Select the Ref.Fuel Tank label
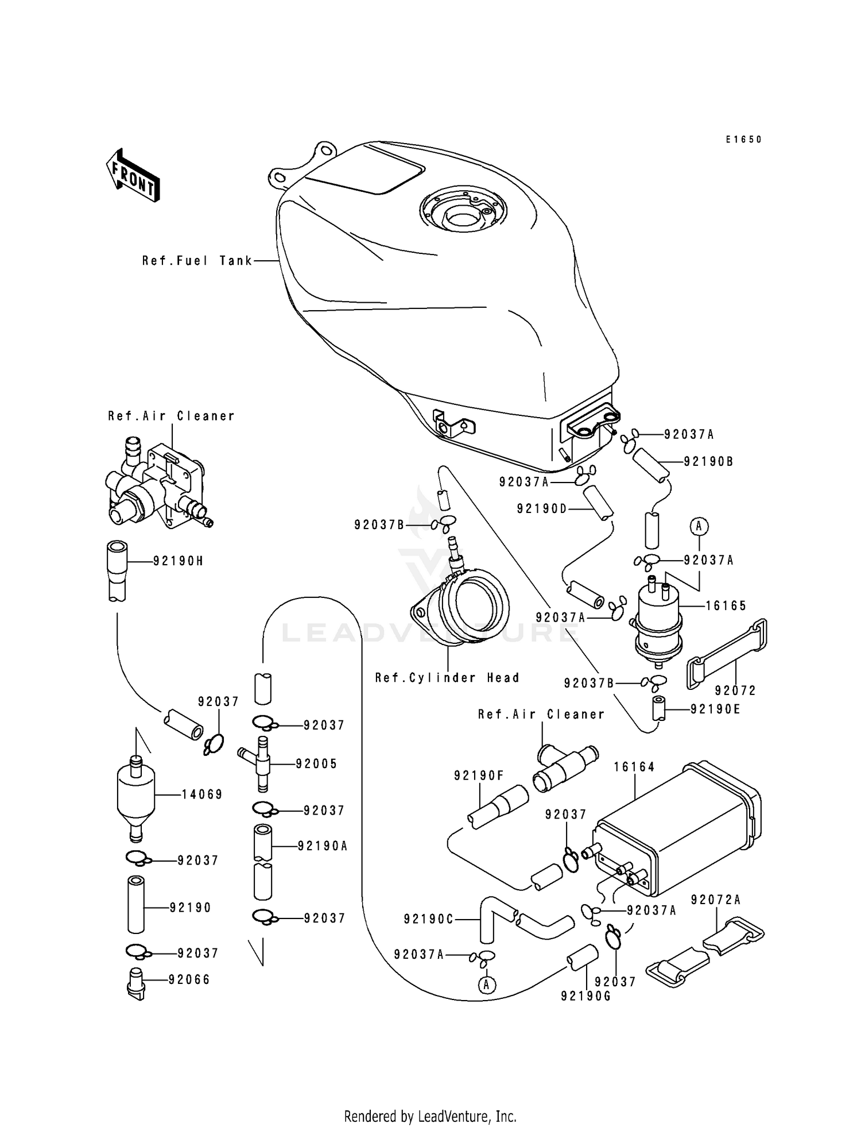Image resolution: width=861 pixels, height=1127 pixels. (197, 261)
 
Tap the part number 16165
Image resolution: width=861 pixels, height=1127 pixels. (726, 605)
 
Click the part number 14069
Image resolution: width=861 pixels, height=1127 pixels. (202, 794)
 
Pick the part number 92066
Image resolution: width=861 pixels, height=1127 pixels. (189, 980)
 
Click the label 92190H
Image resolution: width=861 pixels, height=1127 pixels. (178, 561)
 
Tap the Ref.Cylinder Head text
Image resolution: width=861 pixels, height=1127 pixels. (447, 678)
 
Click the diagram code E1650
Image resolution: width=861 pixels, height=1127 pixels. (743, 140)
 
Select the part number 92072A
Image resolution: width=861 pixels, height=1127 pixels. (715, 900)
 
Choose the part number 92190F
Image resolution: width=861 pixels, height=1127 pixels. (479, 776)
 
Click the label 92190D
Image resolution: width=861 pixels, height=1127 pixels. (541, 508)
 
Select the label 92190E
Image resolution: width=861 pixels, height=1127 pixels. (715, 709)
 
